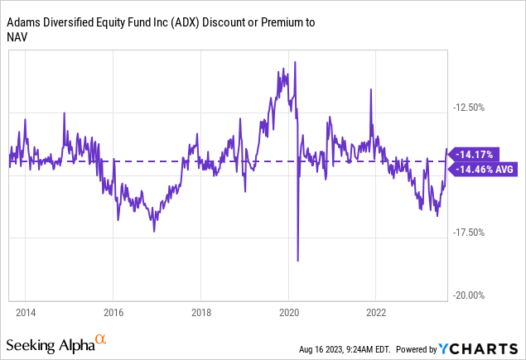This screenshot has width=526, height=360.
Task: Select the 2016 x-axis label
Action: point(113,314)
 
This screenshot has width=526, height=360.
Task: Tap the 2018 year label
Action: point(200,314)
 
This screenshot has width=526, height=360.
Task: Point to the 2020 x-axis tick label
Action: point(288,314)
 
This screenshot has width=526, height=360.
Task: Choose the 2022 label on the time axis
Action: point(376,314)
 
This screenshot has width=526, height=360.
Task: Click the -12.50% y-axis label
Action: point(469,107)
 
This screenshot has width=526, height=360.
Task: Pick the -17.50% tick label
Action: point(469,233)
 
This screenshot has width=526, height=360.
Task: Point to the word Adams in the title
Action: point(25,22)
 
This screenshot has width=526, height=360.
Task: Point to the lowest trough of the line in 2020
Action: point(297,261)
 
